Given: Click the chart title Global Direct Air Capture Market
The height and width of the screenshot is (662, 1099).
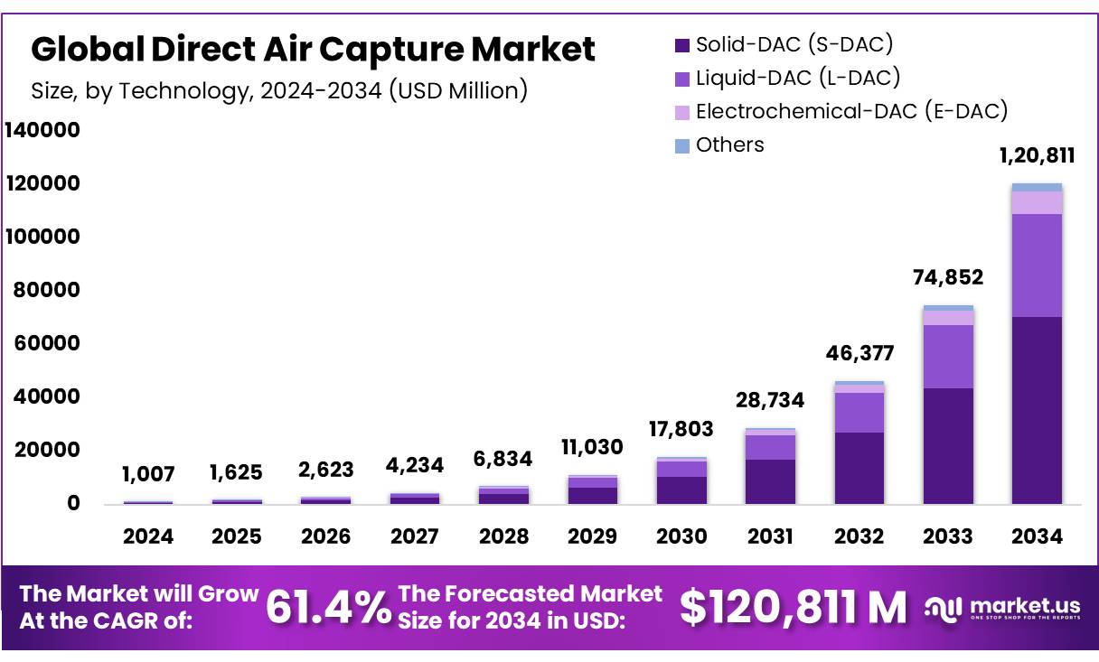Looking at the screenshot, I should click(313, 50).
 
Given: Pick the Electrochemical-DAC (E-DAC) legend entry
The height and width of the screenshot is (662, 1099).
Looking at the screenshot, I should click(841, 111).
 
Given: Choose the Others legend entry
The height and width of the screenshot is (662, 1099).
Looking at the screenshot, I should click(719, 145).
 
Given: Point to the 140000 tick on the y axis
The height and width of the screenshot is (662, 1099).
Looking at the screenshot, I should click(42, 130).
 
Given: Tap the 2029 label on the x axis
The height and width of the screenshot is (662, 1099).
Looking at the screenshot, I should click(592, 536).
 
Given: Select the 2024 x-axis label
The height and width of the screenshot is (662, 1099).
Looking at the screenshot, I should click(148, 536).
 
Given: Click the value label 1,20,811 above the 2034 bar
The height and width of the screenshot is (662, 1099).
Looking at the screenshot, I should click(1037, 155).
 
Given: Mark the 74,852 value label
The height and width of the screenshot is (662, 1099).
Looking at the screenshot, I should click(947, 277).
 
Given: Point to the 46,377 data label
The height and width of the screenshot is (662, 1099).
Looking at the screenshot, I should click(859, 352).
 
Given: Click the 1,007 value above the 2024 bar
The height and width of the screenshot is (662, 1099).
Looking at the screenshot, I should click(148, 474).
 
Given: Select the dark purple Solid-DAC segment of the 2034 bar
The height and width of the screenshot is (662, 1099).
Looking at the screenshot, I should click(1037, 410).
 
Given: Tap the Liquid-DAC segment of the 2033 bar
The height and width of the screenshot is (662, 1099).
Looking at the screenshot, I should click(948, 357).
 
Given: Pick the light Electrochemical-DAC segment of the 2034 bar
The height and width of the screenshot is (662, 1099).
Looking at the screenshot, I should click(1037, 202).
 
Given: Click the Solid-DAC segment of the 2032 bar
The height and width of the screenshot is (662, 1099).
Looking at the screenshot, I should click(859, 468).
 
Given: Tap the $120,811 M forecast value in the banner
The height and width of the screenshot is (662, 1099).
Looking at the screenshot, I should click(793, 607).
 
